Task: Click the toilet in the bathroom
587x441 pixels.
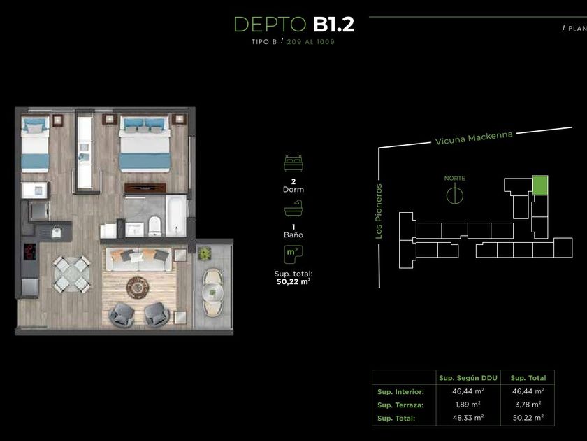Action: tap(154, 226)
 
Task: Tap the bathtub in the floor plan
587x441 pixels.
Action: tap(176, 216)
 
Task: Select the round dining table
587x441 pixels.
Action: tap(71, 274)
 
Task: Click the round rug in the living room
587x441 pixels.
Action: tap(138, 288)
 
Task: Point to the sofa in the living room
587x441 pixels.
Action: tap(139, 259)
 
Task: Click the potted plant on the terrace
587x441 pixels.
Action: tap(204, 254)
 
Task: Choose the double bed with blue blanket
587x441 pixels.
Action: tap(145, 143)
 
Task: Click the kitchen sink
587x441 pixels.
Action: tap(56, 232)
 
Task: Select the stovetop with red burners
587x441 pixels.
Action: tap(30, 251)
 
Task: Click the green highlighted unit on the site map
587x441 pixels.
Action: tap(539, 185)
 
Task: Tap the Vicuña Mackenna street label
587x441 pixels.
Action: tap(474, 137)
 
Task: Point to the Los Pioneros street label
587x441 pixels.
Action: tap(379, 211)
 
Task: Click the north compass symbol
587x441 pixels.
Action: tap(454, 195)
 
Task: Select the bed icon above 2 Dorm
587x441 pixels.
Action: tap(293, 162)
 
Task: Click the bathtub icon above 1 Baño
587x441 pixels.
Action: tap(293, 208)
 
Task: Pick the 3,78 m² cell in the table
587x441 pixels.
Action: tap(528, 405)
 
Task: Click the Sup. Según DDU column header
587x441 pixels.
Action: tap(468, 378)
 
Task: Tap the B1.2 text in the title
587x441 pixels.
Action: tap(333, 24)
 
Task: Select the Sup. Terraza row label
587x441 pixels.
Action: tap(400, 405)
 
